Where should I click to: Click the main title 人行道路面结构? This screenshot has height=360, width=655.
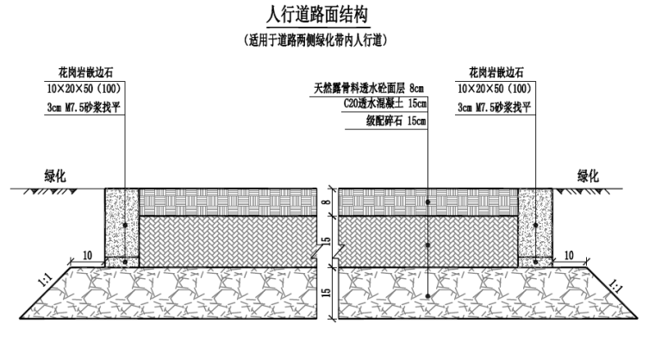(317, 15)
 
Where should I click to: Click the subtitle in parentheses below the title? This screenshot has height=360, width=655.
(315, 40)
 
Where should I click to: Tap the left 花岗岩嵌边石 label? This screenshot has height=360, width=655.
(85, 72)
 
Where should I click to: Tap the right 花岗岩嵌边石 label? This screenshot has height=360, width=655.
(496, 72)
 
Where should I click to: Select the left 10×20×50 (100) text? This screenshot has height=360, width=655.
(84, 89)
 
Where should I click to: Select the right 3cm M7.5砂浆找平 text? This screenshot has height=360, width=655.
(494, 108)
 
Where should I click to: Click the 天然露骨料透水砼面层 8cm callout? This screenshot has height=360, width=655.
(369, 88)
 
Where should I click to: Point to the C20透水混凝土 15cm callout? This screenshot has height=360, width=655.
(384, 103)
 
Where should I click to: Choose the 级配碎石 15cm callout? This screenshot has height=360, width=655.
(396, 121)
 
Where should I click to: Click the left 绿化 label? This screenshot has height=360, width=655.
(55, 177)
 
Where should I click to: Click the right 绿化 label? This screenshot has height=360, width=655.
(588, 177)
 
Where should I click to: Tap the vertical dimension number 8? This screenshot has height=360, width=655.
(327, 202)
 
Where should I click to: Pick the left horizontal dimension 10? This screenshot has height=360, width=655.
(87, 255)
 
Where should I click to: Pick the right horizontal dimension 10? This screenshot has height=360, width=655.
(569, 255)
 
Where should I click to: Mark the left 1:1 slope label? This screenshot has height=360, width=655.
(45, 280)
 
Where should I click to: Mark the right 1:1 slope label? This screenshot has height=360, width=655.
(614, 288)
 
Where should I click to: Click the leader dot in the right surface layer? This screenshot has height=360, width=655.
(428, 202)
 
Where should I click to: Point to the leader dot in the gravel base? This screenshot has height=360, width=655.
(428, 296)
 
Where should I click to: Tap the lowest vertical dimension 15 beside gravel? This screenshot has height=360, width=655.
(327, 292)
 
